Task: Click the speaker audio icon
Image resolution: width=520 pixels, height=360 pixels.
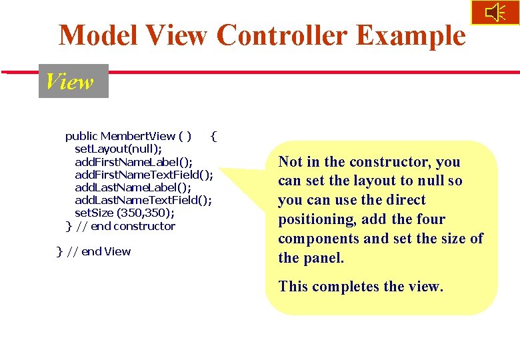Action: [x=495, y=13]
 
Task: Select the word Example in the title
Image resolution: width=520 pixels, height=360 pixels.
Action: [x=411, y=35]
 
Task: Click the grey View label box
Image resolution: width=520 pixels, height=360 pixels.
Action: [x=73, y=81]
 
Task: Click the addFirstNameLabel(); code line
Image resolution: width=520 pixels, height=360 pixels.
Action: [x=133, y=162]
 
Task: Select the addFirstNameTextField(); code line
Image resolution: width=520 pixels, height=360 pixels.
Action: [x=144, y=175]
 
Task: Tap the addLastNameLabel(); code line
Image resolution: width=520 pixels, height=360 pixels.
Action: [x=133, y=187]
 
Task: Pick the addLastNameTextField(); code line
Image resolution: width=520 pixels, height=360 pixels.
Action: [x=143, y=200]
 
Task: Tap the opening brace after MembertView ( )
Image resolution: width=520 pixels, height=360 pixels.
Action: [x=213, y=137]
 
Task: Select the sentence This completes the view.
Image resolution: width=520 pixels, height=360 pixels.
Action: [x=361, y=287]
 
